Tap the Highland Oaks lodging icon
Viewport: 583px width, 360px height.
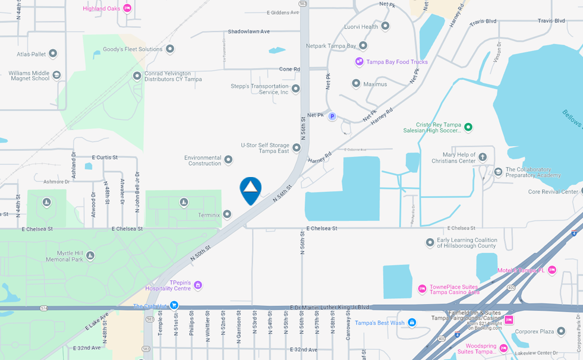tap(127, 8)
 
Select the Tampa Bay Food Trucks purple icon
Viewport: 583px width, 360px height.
tap(359, 61)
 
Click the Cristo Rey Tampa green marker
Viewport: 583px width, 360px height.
tap(468, 127)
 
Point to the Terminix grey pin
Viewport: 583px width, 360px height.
tap(227, 214)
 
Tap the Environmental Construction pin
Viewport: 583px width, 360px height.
tap(228, 160)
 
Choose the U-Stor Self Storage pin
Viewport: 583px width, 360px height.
tap(297, 147)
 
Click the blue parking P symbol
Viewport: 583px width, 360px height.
tap(332, 116)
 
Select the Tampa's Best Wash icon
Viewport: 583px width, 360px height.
tap(412, 323)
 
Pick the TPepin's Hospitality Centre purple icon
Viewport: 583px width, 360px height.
tap(198, 285)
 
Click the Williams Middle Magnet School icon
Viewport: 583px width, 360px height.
tap(56, 75)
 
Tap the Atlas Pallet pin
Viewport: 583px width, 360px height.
tap(53, 53)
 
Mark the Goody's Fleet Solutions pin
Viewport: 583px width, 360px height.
tap(170, 49)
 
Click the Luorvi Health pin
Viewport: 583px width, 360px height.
tap(385, 26)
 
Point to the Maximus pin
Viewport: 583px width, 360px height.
tap(356, 84)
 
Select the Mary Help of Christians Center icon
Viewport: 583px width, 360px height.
tap(483, 157)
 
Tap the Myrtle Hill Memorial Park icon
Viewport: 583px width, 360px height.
tap(90, 255)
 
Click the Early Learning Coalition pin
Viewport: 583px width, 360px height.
tap(430, 242)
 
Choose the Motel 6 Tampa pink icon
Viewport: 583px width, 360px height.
tap(552, 270)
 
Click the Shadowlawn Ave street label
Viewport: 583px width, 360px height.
tap(248, 31)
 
